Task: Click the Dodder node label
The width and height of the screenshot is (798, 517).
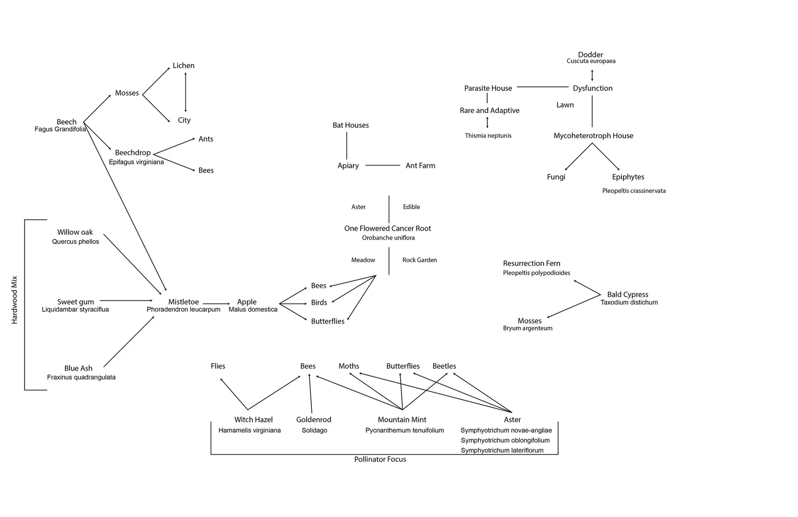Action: (x=591, y=55)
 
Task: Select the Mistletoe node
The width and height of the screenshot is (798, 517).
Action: (x=184, y=302)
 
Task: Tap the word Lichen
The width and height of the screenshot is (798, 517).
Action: (x=184, y=65)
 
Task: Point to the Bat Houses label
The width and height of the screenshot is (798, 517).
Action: (x=351, y=125)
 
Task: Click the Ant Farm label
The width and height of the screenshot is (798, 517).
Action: (x=420, y=166)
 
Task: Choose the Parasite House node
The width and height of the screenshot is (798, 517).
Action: (x=488, y=88)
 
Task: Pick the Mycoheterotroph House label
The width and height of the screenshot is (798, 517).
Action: (x=593, y=136)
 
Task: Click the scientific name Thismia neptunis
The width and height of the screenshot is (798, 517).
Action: (x=488, y=136)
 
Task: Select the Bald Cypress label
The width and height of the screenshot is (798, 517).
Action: (x=628, y=294)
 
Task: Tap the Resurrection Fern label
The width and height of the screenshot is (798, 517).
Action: (x=531, y=264)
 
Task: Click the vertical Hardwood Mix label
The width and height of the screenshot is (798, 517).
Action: (x=14, y=300)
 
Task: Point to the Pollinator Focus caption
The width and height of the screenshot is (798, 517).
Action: (x=380, y=459)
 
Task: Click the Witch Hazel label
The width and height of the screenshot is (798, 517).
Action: (x=253, y=420)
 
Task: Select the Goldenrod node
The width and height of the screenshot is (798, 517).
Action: (x=314, y=420)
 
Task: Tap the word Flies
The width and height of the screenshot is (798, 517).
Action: (x=218, y=366)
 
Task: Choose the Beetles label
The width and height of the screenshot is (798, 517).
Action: (x=444, y=366)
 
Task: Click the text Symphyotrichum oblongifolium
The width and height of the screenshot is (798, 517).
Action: (x=505, y=440)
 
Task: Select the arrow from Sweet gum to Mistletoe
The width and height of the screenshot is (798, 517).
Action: (x=126, y=301)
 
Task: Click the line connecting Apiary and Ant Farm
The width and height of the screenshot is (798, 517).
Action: (x=383, y=166)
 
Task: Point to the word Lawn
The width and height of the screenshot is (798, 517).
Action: (x=565, y=105)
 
